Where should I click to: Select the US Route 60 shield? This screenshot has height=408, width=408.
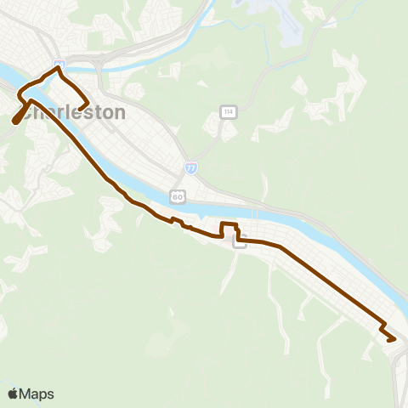[177, 196]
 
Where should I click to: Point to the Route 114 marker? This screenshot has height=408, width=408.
[228, 112]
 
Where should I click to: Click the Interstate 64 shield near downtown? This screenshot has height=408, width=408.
[58, 65]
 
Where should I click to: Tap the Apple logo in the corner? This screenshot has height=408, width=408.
[14, 394]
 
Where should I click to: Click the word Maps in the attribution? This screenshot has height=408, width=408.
[37, 394]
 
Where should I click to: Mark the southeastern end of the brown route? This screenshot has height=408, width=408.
[394, 340]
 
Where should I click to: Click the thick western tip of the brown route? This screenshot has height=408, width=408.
[16, 121]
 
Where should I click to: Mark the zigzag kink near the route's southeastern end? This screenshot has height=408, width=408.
[383, 327]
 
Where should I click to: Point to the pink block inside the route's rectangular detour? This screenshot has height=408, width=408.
[228, 232]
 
